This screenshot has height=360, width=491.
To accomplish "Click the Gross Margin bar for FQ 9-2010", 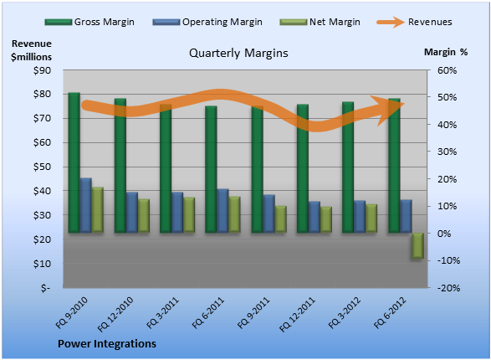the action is [74, 162].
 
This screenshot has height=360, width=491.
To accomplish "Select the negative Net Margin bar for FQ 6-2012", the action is [417, 245].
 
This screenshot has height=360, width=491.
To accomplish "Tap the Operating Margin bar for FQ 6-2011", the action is [222, 210].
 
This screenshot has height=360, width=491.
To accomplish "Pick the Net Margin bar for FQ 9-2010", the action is [97, 210].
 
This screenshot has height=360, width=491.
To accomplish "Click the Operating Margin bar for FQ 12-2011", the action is [315, 217].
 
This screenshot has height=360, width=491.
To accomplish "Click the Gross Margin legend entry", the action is [90, 22].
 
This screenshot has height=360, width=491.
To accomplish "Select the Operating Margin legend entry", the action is [207, 22].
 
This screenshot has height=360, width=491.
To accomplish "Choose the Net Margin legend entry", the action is [320, 22].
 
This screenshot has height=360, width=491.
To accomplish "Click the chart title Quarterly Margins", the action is [238, 53].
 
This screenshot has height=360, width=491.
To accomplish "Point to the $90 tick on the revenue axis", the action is [43, 70].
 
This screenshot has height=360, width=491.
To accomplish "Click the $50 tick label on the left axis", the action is [43, 167].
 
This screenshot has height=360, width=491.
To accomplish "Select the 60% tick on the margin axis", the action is [447, 70].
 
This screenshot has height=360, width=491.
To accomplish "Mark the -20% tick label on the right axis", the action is [448, 288].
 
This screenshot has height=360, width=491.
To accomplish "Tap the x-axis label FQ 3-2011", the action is [162, 312].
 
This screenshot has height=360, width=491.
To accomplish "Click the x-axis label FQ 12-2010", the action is [115, 314].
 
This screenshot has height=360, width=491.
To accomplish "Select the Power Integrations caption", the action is [107, 344].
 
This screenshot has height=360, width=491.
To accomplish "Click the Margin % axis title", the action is [446, 52].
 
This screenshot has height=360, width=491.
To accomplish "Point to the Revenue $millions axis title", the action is [31, 50].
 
